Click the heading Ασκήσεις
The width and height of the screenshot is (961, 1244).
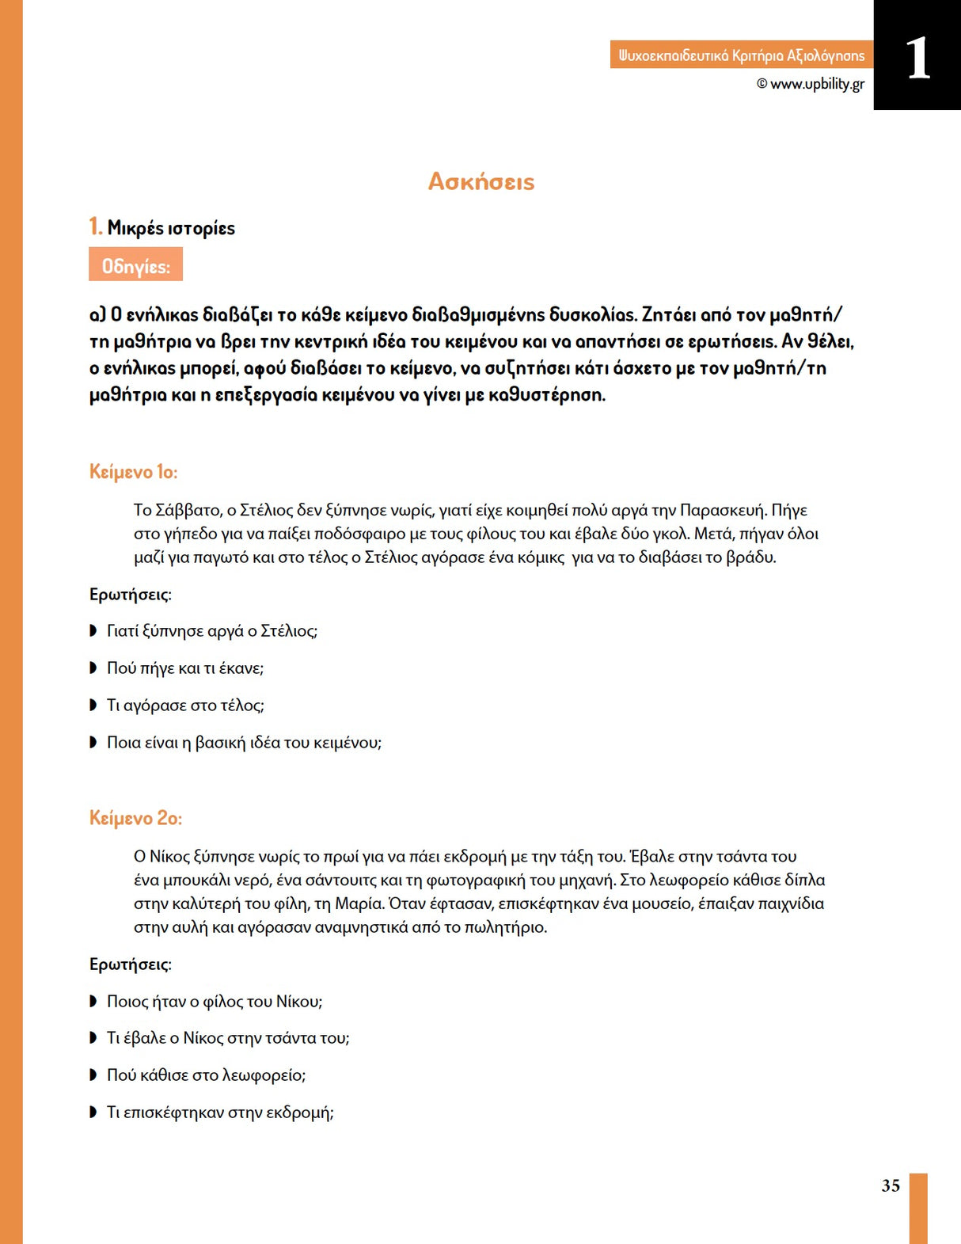click(481, 181)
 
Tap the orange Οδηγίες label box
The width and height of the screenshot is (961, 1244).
click(135, 264)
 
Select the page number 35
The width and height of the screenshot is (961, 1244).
click(891, 1185)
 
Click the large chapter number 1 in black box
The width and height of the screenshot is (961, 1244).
click(917, 58)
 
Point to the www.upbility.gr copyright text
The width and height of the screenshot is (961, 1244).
click(811, 84)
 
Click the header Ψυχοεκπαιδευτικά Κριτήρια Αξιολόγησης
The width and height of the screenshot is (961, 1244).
click(741, 55)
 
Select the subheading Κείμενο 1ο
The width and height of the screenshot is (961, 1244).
click(133, 472)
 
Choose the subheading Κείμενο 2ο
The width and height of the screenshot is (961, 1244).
click(135, 818)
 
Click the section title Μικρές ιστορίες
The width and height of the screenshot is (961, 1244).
click(171, 228)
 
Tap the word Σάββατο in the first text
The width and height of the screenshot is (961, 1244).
click(184, 510)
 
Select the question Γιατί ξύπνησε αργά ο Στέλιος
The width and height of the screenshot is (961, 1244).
click(212, 631)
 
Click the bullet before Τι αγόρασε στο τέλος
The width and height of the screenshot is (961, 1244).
click(93, 706)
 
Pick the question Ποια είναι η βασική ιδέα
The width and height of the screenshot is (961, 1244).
click(244, 743)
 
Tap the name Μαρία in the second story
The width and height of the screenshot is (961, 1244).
click(359, 904)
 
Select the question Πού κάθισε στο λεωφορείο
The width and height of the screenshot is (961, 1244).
click(206, 1075)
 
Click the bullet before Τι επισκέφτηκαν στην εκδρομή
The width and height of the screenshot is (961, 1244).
click(93, 1113)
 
